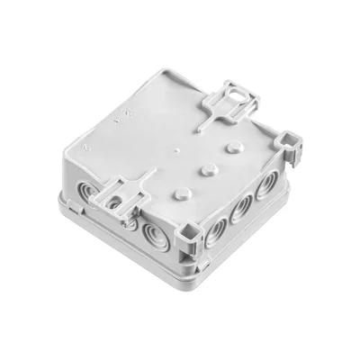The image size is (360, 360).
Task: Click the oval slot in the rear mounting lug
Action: click(236, 92)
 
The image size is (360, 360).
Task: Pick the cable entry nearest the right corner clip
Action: click(267, 186)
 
